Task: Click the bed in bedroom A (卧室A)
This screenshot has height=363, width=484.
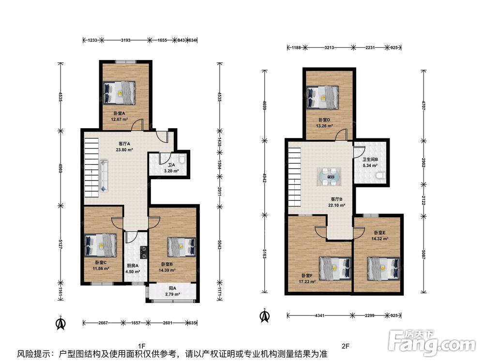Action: (x=119, y=92)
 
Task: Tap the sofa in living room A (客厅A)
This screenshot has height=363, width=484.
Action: (x=104, y=176)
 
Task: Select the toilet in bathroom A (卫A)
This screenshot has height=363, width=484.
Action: (x=182, y=158)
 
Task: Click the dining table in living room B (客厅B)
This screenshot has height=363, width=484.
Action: (x=329, y=177)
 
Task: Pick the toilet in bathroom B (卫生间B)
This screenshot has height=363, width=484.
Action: (x=381, y=175)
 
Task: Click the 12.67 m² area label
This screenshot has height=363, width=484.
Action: (x=120, y=119)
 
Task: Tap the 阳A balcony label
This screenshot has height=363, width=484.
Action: (x=173, y=288)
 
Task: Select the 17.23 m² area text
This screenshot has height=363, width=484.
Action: (x=307, y=282)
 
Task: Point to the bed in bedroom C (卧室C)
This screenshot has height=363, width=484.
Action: (x=101, y=245)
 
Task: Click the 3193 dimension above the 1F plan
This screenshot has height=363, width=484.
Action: (x=126, y=40)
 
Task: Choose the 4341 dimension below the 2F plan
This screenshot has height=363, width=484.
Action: (x=320, y=316)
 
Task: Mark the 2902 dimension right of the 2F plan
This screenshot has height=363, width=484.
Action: (x=423, y=163)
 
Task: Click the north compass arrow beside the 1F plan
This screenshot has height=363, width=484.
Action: (x=60, y=323)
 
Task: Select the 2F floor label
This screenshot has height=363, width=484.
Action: (x=346, y=346)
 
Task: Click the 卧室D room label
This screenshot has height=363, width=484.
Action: (x=324, y=120)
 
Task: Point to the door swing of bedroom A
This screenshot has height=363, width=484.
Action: (x=137, y=124)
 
